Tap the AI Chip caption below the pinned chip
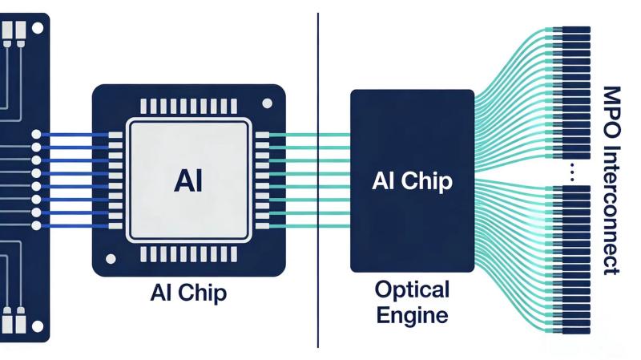coord(188,293)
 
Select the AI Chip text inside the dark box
coord(412,180)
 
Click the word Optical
coord(412,289)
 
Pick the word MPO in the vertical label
coord(613,105)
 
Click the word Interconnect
coord(613,208)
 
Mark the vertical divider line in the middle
coord(318,180)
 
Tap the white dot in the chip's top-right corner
coord(267,103)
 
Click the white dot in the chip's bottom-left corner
coord(111,258)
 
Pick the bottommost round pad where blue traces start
coord(36,225)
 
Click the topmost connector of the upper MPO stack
coord(575,30)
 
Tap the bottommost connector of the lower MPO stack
coord(575,330)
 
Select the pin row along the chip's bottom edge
coord(188,254)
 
